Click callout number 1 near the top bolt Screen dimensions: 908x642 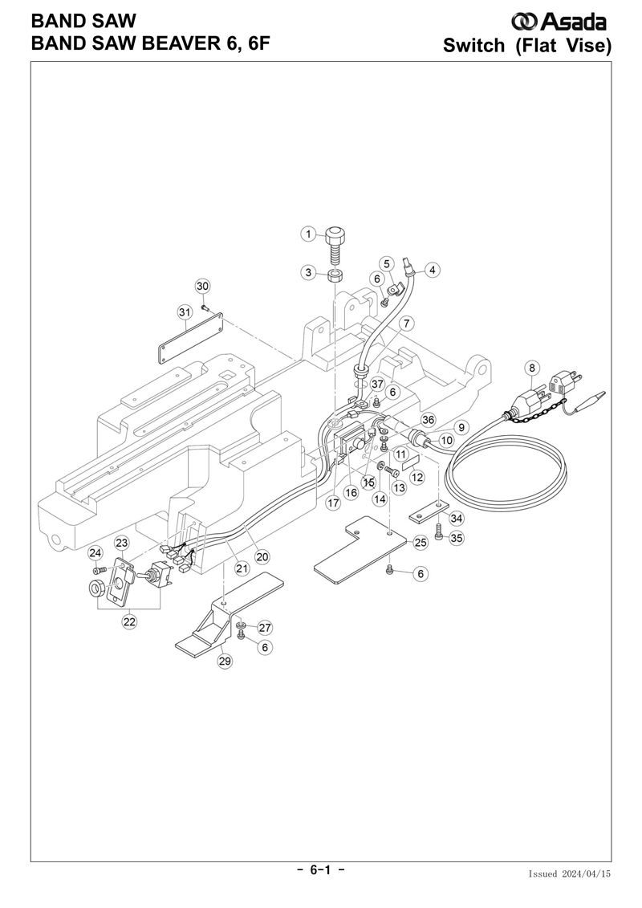coord(308,234)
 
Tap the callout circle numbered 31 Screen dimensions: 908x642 coord(185,311)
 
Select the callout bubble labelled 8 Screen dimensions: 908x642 coord(532,368)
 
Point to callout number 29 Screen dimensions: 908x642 coord(225,661)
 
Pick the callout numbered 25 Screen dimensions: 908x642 coord(421,543)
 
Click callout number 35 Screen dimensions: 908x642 coord(456,538)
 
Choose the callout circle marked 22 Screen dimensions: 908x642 coord(129,621)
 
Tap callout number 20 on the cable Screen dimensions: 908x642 coord(262,556)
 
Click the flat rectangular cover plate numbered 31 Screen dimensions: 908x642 coord(191,338)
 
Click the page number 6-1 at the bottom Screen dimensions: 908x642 coord(321,870)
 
